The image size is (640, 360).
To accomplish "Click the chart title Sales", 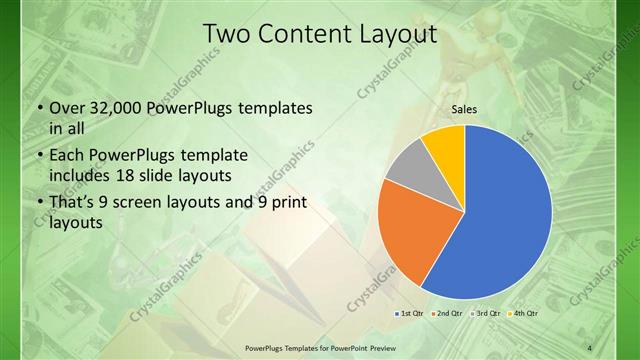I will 464,109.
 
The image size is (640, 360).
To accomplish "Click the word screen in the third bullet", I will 159,204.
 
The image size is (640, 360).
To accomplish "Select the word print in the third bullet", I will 285,204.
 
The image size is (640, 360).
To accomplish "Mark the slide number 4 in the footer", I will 590,347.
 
